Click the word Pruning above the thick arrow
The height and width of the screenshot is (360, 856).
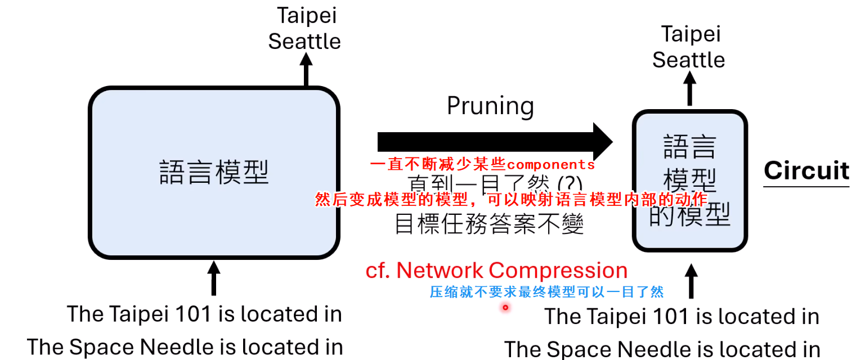click(x=490, y=106)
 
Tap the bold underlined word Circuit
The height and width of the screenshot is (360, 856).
click(x=806, y=170)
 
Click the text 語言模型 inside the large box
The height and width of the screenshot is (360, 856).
click(x=214, y=173)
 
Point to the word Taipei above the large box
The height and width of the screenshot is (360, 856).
click(x=307, y=15)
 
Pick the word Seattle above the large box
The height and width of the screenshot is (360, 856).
click(x=304, y=42)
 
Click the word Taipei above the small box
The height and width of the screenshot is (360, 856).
click(x=691, y=34)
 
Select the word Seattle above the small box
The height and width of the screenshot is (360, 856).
click(x=688, y=60)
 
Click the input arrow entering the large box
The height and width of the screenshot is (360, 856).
click(x=213, y=277)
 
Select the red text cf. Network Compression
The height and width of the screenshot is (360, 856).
click(x=496, y=271)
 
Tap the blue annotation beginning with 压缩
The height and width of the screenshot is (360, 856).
click(x=546, y=292)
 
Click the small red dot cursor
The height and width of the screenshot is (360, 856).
click(x=505, y=307)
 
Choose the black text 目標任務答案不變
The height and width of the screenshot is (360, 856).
click(x=489, y=224)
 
